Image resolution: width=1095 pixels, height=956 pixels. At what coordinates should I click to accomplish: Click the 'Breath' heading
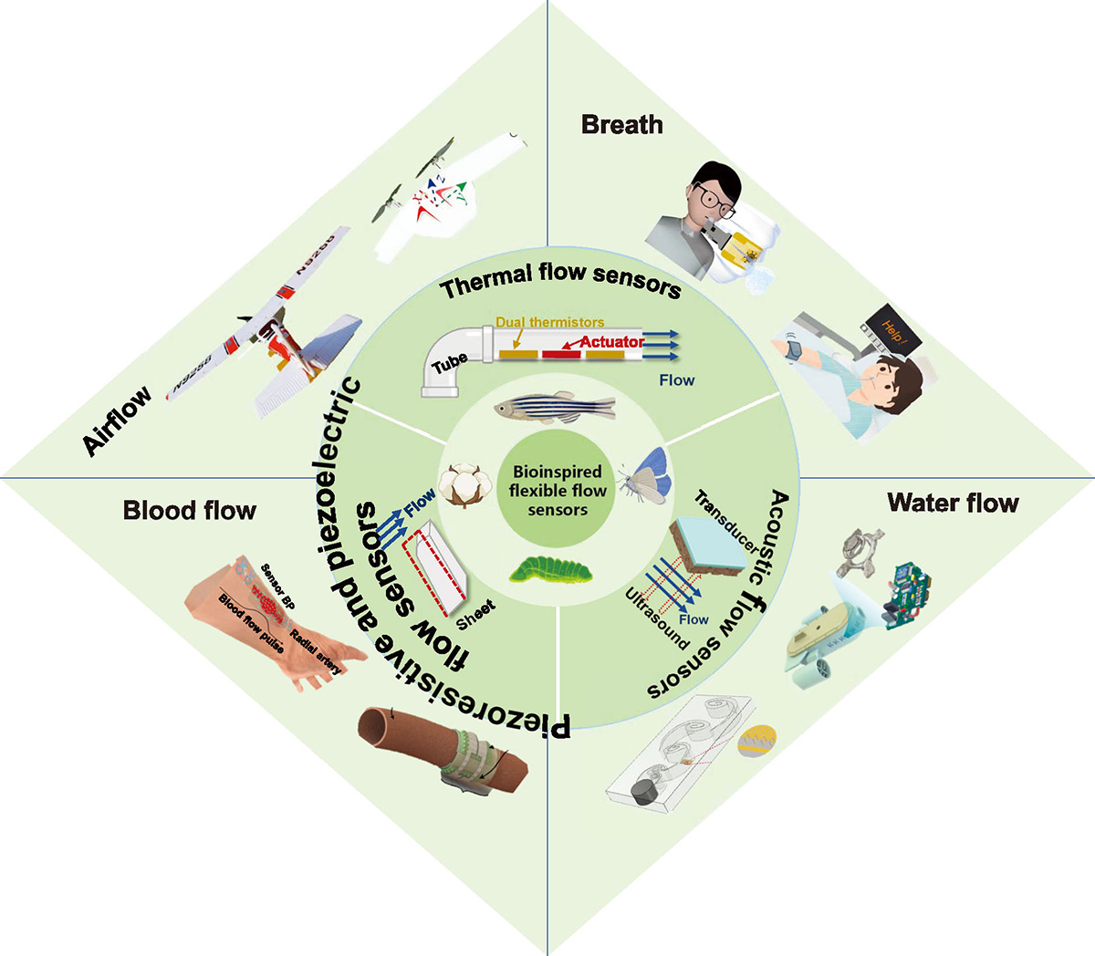621,124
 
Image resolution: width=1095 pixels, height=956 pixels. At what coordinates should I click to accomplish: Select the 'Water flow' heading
953,503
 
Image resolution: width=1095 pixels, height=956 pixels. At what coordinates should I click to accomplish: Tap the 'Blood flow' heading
189,510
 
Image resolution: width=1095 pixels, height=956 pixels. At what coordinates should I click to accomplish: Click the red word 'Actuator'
612,342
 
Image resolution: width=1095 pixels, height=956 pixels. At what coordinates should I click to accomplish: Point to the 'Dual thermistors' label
549,322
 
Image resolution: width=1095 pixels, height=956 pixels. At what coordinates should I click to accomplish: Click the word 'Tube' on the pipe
451,363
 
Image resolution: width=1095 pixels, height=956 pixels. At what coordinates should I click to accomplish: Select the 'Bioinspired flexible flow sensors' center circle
558,491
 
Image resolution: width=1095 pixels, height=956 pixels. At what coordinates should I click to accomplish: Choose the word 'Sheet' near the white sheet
475,614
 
